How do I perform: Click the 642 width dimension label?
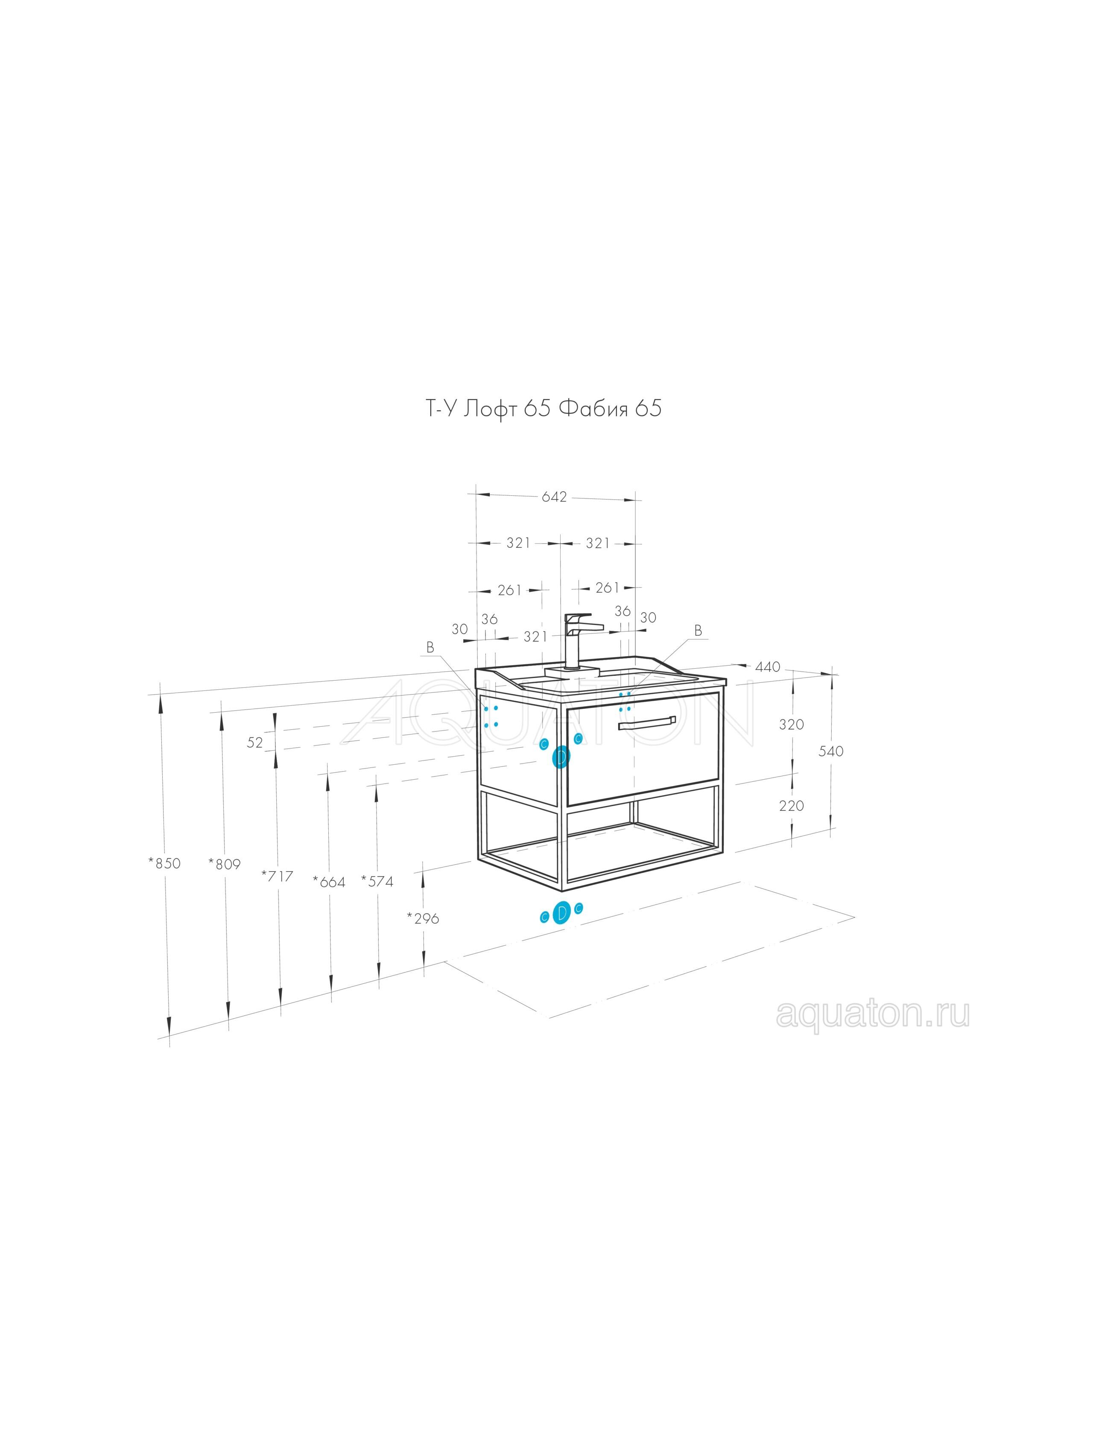[x=554, y=497]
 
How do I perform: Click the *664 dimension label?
[x=329, y=882]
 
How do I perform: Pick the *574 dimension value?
[x=377, y=882]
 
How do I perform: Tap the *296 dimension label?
[x=423, y=918]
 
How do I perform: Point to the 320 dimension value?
[x=792, y=724]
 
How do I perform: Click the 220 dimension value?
[x=792, y=805]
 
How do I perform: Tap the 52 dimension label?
[x=255, y=742]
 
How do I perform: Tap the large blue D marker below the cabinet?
[x=561, y=913]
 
